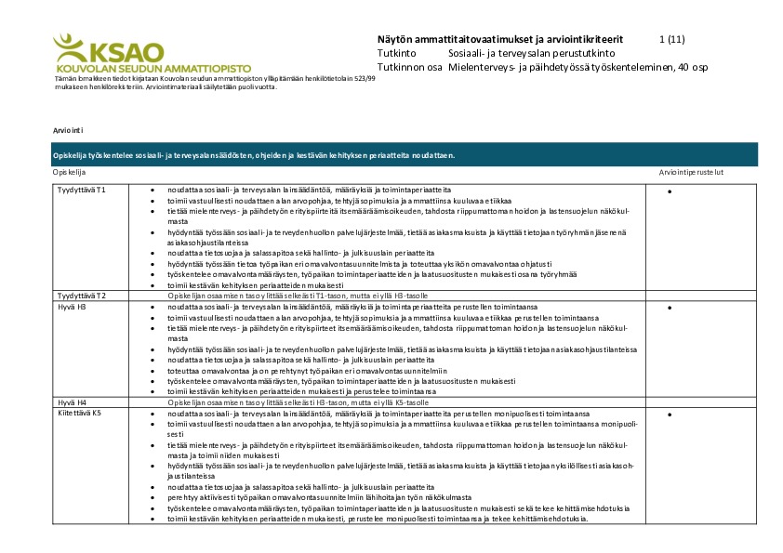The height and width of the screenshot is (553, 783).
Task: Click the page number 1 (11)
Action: tap(671, 39)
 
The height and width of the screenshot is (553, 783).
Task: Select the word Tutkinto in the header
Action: tap(397, 53)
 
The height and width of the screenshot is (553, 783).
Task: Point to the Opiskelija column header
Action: tap(70, 173)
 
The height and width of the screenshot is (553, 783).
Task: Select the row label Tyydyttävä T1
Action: tap(82, 190)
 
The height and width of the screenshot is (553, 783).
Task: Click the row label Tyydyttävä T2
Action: tap(82, 295)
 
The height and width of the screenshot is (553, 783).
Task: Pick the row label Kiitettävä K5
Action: tap(79, 412)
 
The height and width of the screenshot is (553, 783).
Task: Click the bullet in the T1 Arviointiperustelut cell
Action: tap(670, 191)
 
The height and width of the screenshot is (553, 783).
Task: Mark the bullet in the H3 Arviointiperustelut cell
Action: tap(670, 306)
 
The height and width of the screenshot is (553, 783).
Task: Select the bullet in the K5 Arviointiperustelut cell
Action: tap(670, 413)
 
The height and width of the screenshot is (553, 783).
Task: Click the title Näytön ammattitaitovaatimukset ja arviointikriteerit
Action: tap(500, 39)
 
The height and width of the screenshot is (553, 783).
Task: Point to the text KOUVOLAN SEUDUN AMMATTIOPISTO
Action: tap(140, 69)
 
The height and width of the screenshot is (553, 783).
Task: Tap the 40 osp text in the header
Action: tap(694, 67)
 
